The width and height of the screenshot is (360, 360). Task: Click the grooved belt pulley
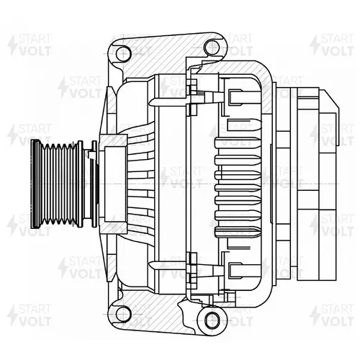[57, 184]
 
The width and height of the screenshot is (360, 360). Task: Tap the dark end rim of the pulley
[36, 184]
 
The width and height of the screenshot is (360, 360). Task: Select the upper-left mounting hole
[124, 53]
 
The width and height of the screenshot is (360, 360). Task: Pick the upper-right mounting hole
[212, 47]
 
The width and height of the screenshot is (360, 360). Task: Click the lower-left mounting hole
[124, 315]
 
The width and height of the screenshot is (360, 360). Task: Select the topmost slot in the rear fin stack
[238, 143]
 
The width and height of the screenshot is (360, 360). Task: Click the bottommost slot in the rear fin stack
[238, 232]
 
